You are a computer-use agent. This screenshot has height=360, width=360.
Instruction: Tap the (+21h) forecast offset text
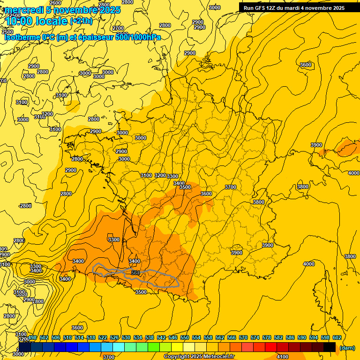click(x=81, y=21)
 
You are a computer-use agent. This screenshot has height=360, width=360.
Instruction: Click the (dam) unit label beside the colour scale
click(x=347, y=348)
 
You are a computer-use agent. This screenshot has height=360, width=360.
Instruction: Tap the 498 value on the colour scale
click(x=32, y=338)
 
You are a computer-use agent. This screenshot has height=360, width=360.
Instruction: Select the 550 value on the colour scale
click(x=185, y=338)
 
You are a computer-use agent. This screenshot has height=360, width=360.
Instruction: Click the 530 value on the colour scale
click(x=126, y=338)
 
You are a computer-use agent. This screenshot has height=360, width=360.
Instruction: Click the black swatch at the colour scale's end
click(x=330, y=347)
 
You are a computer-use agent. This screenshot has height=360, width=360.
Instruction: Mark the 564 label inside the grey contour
click(x=135, y=273)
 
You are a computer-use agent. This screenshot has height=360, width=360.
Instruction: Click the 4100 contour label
click(x=283, y=357)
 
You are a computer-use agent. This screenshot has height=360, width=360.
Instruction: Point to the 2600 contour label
click(x=55, y=3)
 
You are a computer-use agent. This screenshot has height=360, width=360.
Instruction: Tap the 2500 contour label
click(x=7, y=32)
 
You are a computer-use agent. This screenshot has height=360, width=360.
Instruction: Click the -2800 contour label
click(x=25, y=206)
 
